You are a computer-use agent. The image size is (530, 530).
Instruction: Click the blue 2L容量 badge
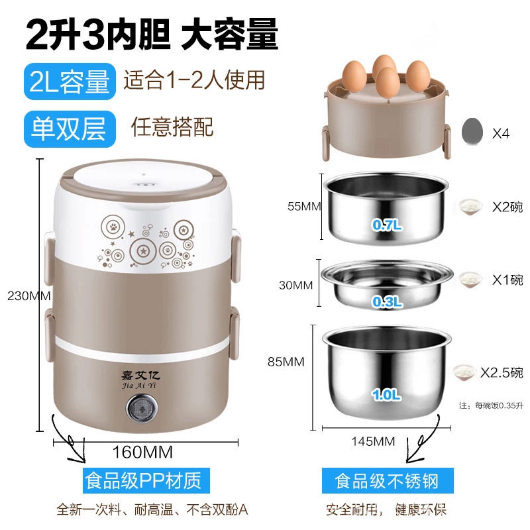[x=70, y=81]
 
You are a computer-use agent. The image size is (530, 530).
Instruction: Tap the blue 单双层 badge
[x=70, y=129]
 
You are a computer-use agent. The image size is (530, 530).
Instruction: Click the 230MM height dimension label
[x=29, y=296]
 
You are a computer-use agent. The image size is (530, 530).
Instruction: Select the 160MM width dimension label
[x=142, y=452]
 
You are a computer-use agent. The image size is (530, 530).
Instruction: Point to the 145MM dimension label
[x=373, y=441]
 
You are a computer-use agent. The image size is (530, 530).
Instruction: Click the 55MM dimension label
[x=304, y=206]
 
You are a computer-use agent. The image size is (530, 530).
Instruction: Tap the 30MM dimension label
[x=295, y=286]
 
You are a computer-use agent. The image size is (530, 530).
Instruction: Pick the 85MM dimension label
[x=286, y=362]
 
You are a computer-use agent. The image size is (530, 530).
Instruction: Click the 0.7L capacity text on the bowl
[x=387, y=225]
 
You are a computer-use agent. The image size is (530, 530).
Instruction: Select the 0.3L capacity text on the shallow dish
[x=387, y=301]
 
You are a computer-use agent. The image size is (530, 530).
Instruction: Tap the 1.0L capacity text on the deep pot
[x=386, y=394]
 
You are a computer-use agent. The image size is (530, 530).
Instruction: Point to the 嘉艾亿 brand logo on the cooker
[x=140, y=379]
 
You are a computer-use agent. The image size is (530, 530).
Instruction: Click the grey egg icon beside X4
[x=472, y=132]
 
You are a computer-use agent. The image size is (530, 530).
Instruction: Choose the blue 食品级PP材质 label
[x=146, y=480]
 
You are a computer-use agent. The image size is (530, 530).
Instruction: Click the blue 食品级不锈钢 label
[x=388, y=481]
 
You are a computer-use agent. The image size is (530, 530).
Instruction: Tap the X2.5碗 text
[x=502, y=372]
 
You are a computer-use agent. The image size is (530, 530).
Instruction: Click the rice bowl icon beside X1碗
[x=470, y=280]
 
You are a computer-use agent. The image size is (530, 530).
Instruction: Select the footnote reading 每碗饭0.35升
[x=499, y=405]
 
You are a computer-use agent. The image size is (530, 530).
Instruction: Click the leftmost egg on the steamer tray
[x=354, y=76]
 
